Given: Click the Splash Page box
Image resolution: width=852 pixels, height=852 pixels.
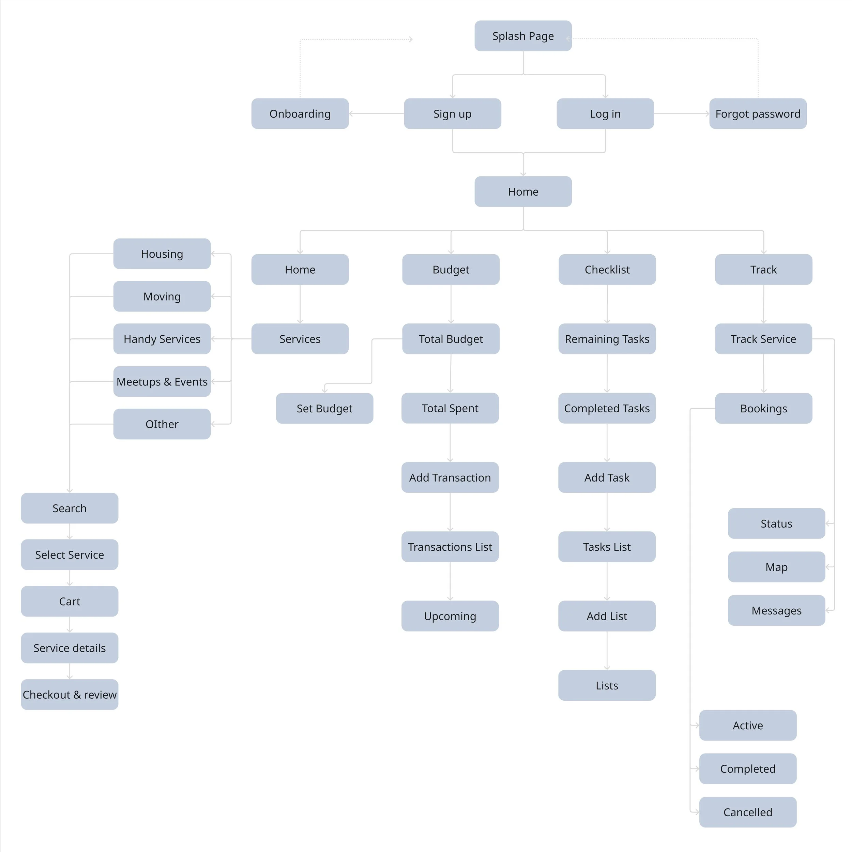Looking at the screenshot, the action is [x=523, y=36].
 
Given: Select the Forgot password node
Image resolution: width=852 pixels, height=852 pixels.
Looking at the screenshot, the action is [x=758, y=114].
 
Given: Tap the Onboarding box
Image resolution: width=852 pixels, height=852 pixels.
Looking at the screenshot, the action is [x=300, y=114].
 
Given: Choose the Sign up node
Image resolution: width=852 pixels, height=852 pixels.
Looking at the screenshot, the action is [x=453, y=114].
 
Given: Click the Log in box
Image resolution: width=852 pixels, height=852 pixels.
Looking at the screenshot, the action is [x=605, y=114].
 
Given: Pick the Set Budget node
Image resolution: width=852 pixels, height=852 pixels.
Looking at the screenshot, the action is [x=324, y=408].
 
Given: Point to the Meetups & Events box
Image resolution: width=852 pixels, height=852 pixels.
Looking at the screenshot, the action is [x=162, y=381].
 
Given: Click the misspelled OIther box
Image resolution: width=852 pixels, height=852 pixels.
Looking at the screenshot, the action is [x=162, y=424].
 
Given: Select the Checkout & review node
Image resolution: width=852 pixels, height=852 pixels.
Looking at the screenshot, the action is [x=70, y=695].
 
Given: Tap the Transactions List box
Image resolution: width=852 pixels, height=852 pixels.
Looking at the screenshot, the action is [x=450, y=547].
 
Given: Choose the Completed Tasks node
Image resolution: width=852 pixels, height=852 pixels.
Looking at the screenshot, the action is [x=607, y=408].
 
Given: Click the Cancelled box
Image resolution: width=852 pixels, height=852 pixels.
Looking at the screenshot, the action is [x=748, y=812].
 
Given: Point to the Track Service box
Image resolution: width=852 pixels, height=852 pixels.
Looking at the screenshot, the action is [x=763, y=339].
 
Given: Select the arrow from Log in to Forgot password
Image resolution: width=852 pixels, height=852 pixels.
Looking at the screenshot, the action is [x=681, y=114].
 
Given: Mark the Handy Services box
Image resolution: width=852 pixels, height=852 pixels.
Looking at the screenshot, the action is [x=162, y=339].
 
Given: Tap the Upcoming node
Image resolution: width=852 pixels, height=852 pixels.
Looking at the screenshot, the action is [x=450, y=616].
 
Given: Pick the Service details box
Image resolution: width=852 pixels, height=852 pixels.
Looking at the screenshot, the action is [x=70, y=648].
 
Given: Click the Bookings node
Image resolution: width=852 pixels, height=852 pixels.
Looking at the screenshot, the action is [x=763, y=408].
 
